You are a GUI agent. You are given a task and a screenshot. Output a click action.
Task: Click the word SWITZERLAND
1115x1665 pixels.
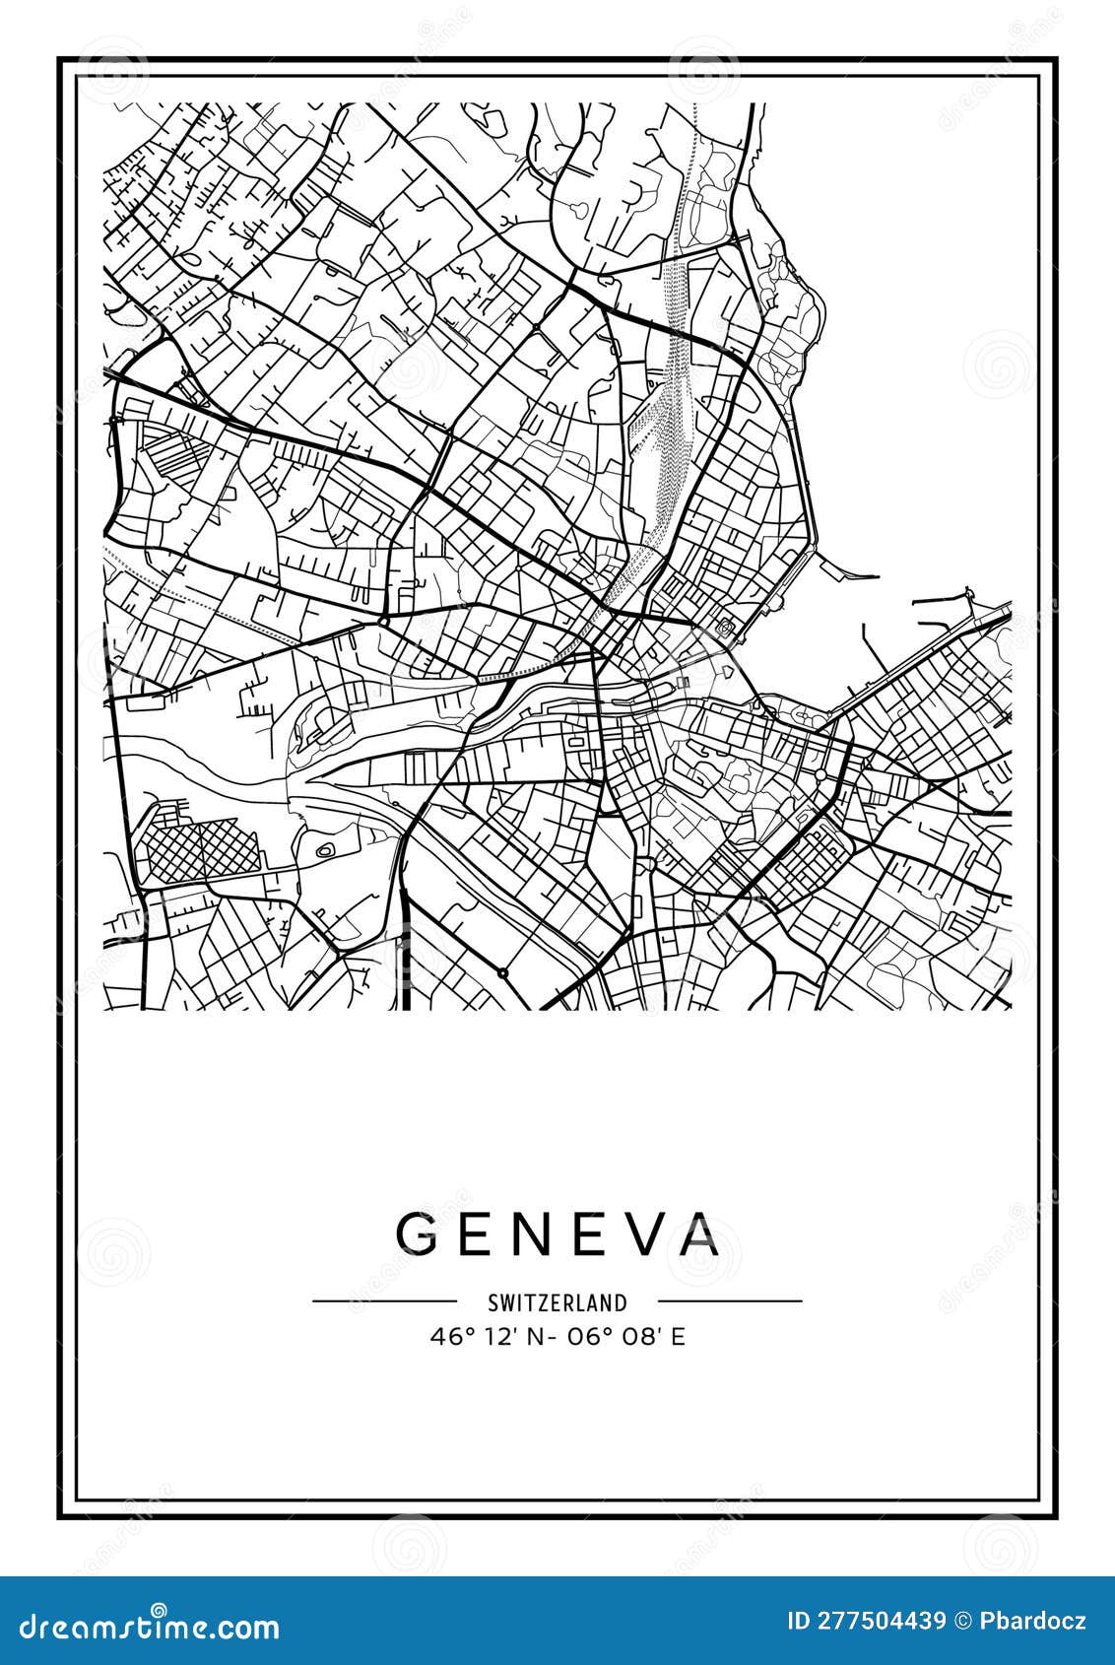557,1302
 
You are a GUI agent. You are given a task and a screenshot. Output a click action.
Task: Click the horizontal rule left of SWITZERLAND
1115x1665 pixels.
384,1300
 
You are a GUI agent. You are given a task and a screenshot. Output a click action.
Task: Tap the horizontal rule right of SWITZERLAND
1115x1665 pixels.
729,1300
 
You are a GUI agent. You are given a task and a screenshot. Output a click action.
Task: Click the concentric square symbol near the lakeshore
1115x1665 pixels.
726,627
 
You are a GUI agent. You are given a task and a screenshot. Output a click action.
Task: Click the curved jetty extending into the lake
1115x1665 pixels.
847,570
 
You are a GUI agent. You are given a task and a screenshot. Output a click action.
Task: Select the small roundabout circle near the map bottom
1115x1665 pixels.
502,972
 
